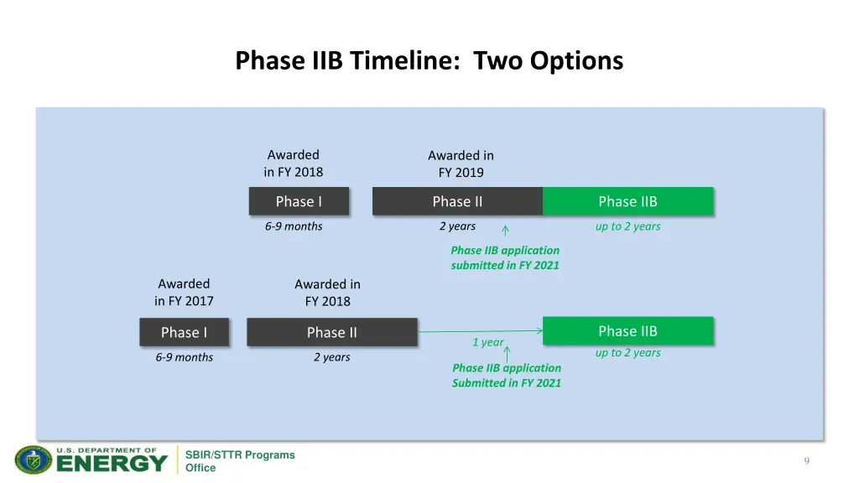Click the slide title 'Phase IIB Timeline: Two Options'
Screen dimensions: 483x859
pyautogui.click(x=429, y=61)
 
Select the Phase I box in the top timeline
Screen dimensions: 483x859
pyautogui.click(x=299, y=201)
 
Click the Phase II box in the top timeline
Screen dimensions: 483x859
pyautogui.click(x=457, y=201)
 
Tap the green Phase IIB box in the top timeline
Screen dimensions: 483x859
pyautogui.click(x=627, y=201)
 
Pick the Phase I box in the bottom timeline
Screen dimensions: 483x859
pyautogui.click(x=184, y=332)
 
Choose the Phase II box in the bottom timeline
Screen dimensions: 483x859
pyautogui.click(x=331, y=332)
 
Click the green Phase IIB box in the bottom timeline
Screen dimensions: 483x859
pyautogui.click(x=627, y=330)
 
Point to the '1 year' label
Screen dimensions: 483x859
pyautogui.click(x=487, y=342)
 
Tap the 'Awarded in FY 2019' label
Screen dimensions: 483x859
pyautogui.click(x=461, y=164)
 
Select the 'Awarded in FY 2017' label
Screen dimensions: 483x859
pyautogui.click(x=184, y=292)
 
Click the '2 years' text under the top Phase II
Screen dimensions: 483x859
pyautogui.click(x=457, y=226)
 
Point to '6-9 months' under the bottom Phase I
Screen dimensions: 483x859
pyautogui.click(x=184, y=357)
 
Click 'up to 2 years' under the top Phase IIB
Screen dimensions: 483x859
pyautogui.click(x=627, y=226)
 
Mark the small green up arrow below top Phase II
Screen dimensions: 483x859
pyautogui.click(x=505, y=231)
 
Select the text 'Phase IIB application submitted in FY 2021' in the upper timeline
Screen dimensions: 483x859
pyautogui.click(x=505, y=257)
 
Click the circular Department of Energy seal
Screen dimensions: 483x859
pyautogui.click(x=34, y=460)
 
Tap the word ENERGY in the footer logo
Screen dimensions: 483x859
pyautogui.click(x=112, y=463)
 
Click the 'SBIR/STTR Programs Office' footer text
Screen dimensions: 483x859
pyautogui.click(x=240, y=461)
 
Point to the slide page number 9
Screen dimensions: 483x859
pyautogui.click(x=806, y=460)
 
